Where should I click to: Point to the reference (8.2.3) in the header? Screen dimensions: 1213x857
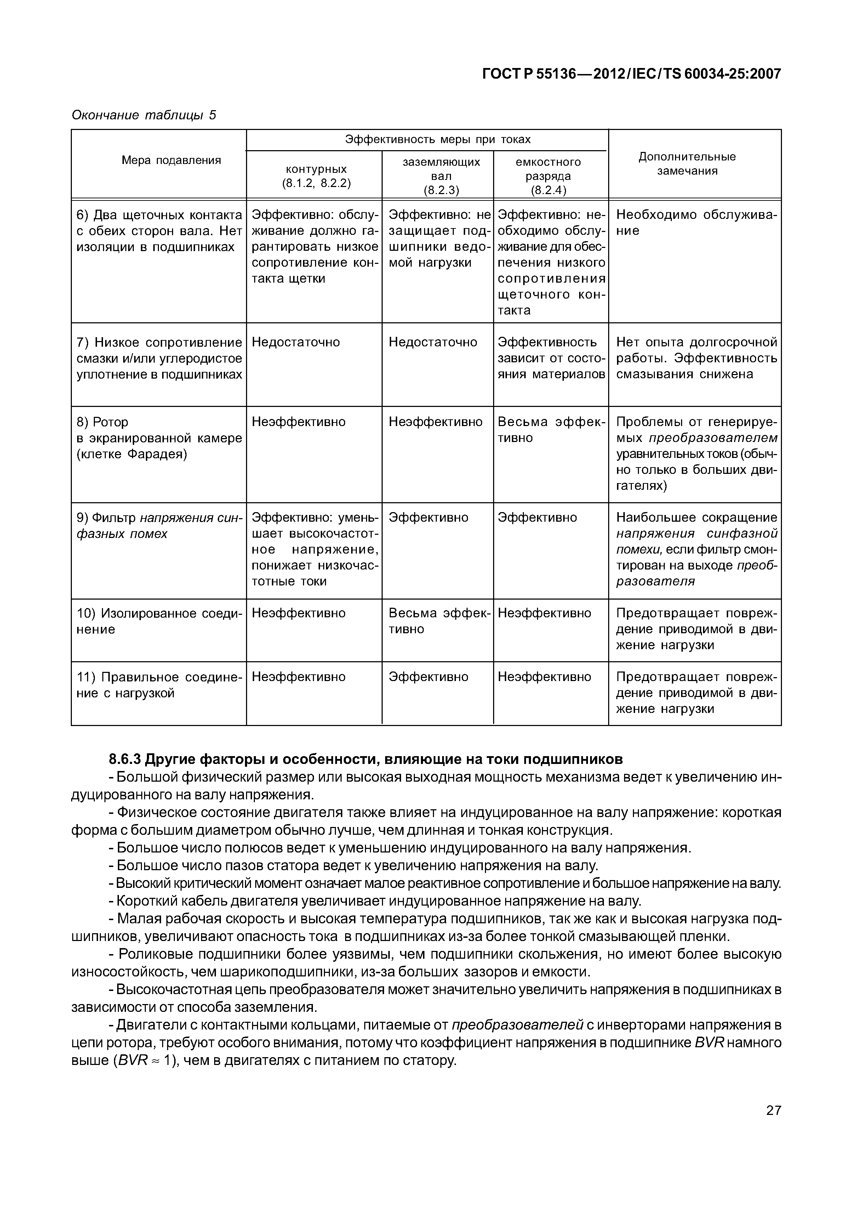[441, 190]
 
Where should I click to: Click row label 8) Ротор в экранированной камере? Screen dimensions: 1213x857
[159, 438]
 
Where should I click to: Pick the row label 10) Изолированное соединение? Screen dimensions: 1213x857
[159, 621]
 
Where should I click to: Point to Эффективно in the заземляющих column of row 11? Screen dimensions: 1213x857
[428, 677]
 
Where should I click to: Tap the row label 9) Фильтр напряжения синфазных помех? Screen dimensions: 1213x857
[159, 525]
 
